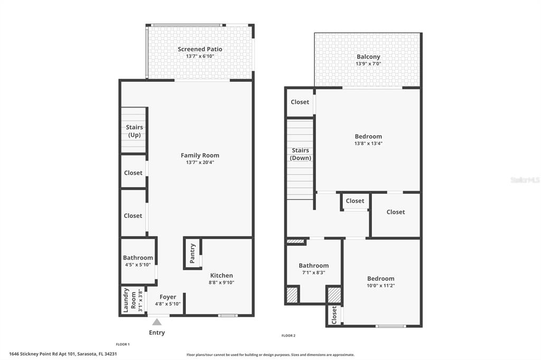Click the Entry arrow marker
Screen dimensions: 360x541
pos(157,321)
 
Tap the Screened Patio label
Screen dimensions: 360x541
pos(200,49)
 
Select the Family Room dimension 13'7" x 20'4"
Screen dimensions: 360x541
pos(200,163)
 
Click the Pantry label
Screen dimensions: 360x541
pos(193,253)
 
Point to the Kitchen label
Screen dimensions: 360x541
pos(221,276)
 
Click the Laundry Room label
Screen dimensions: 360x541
pos(126,300)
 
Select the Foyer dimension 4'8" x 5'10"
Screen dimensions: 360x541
pos(168,304)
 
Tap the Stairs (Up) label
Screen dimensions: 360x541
pos(134,131)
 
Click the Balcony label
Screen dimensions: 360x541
pos(368,57)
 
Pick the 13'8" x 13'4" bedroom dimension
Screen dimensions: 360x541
pos(368,144)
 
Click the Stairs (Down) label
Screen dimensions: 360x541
pos(301,154)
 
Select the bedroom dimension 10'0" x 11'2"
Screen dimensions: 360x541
pos(381,286)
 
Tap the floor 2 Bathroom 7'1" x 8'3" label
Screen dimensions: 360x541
pos(313,266)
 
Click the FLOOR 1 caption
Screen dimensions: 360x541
pos(123,344)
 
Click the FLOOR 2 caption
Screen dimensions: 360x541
pos(288,336)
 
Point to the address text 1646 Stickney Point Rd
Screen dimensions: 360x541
pos(62,354)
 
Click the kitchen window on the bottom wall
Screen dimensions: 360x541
pos(228,316)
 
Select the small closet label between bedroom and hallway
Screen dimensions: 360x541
pos(355,201)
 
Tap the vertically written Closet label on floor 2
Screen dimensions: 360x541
pos(334,315)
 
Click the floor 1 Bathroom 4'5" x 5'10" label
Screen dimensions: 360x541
pos(138,258)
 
